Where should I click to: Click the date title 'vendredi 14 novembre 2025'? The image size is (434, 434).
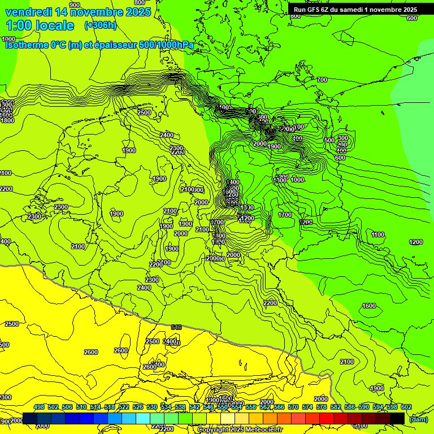(x=78, y=12)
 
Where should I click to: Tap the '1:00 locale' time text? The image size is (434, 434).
(x=40, y=25)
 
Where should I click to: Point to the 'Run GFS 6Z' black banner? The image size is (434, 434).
(x=355, y=9)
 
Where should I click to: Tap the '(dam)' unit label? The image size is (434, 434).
(x=418, y=419)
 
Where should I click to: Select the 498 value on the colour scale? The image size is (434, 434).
(x=39, y=407)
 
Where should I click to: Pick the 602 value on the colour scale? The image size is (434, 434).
(x=406, y=407)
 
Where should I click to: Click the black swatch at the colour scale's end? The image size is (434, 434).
(x=397, y=418)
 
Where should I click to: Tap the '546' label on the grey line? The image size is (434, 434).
(x=176, y=327)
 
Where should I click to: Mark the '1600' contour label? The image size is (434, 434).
(x=368, y=306)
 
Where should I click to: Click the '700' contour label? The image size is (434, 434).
(x=322, y=80)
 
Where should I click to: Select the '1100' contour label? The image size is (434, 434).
(x=378, y=235)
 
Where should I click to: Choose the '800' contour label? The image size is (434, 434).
(x=295, y=16)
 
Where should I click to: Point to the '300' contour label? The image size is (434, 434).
(x=342, y=138)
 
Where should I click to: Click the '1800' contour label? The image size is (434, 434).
(x=7, y=120)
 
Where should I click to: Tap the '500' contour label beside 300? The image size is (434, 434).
(x=329, y=140)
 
